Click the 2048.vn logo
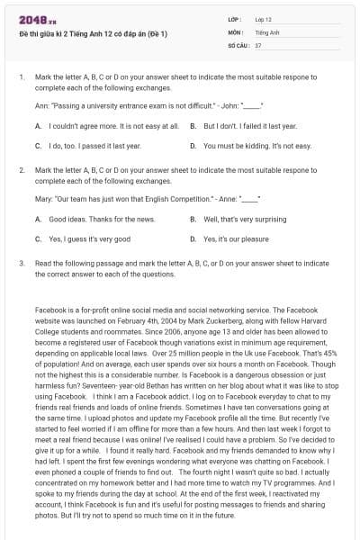(x=32, y=19)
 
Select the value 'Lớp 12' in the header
(x=264, y=19)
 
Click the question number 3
(x=21, y=264)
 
